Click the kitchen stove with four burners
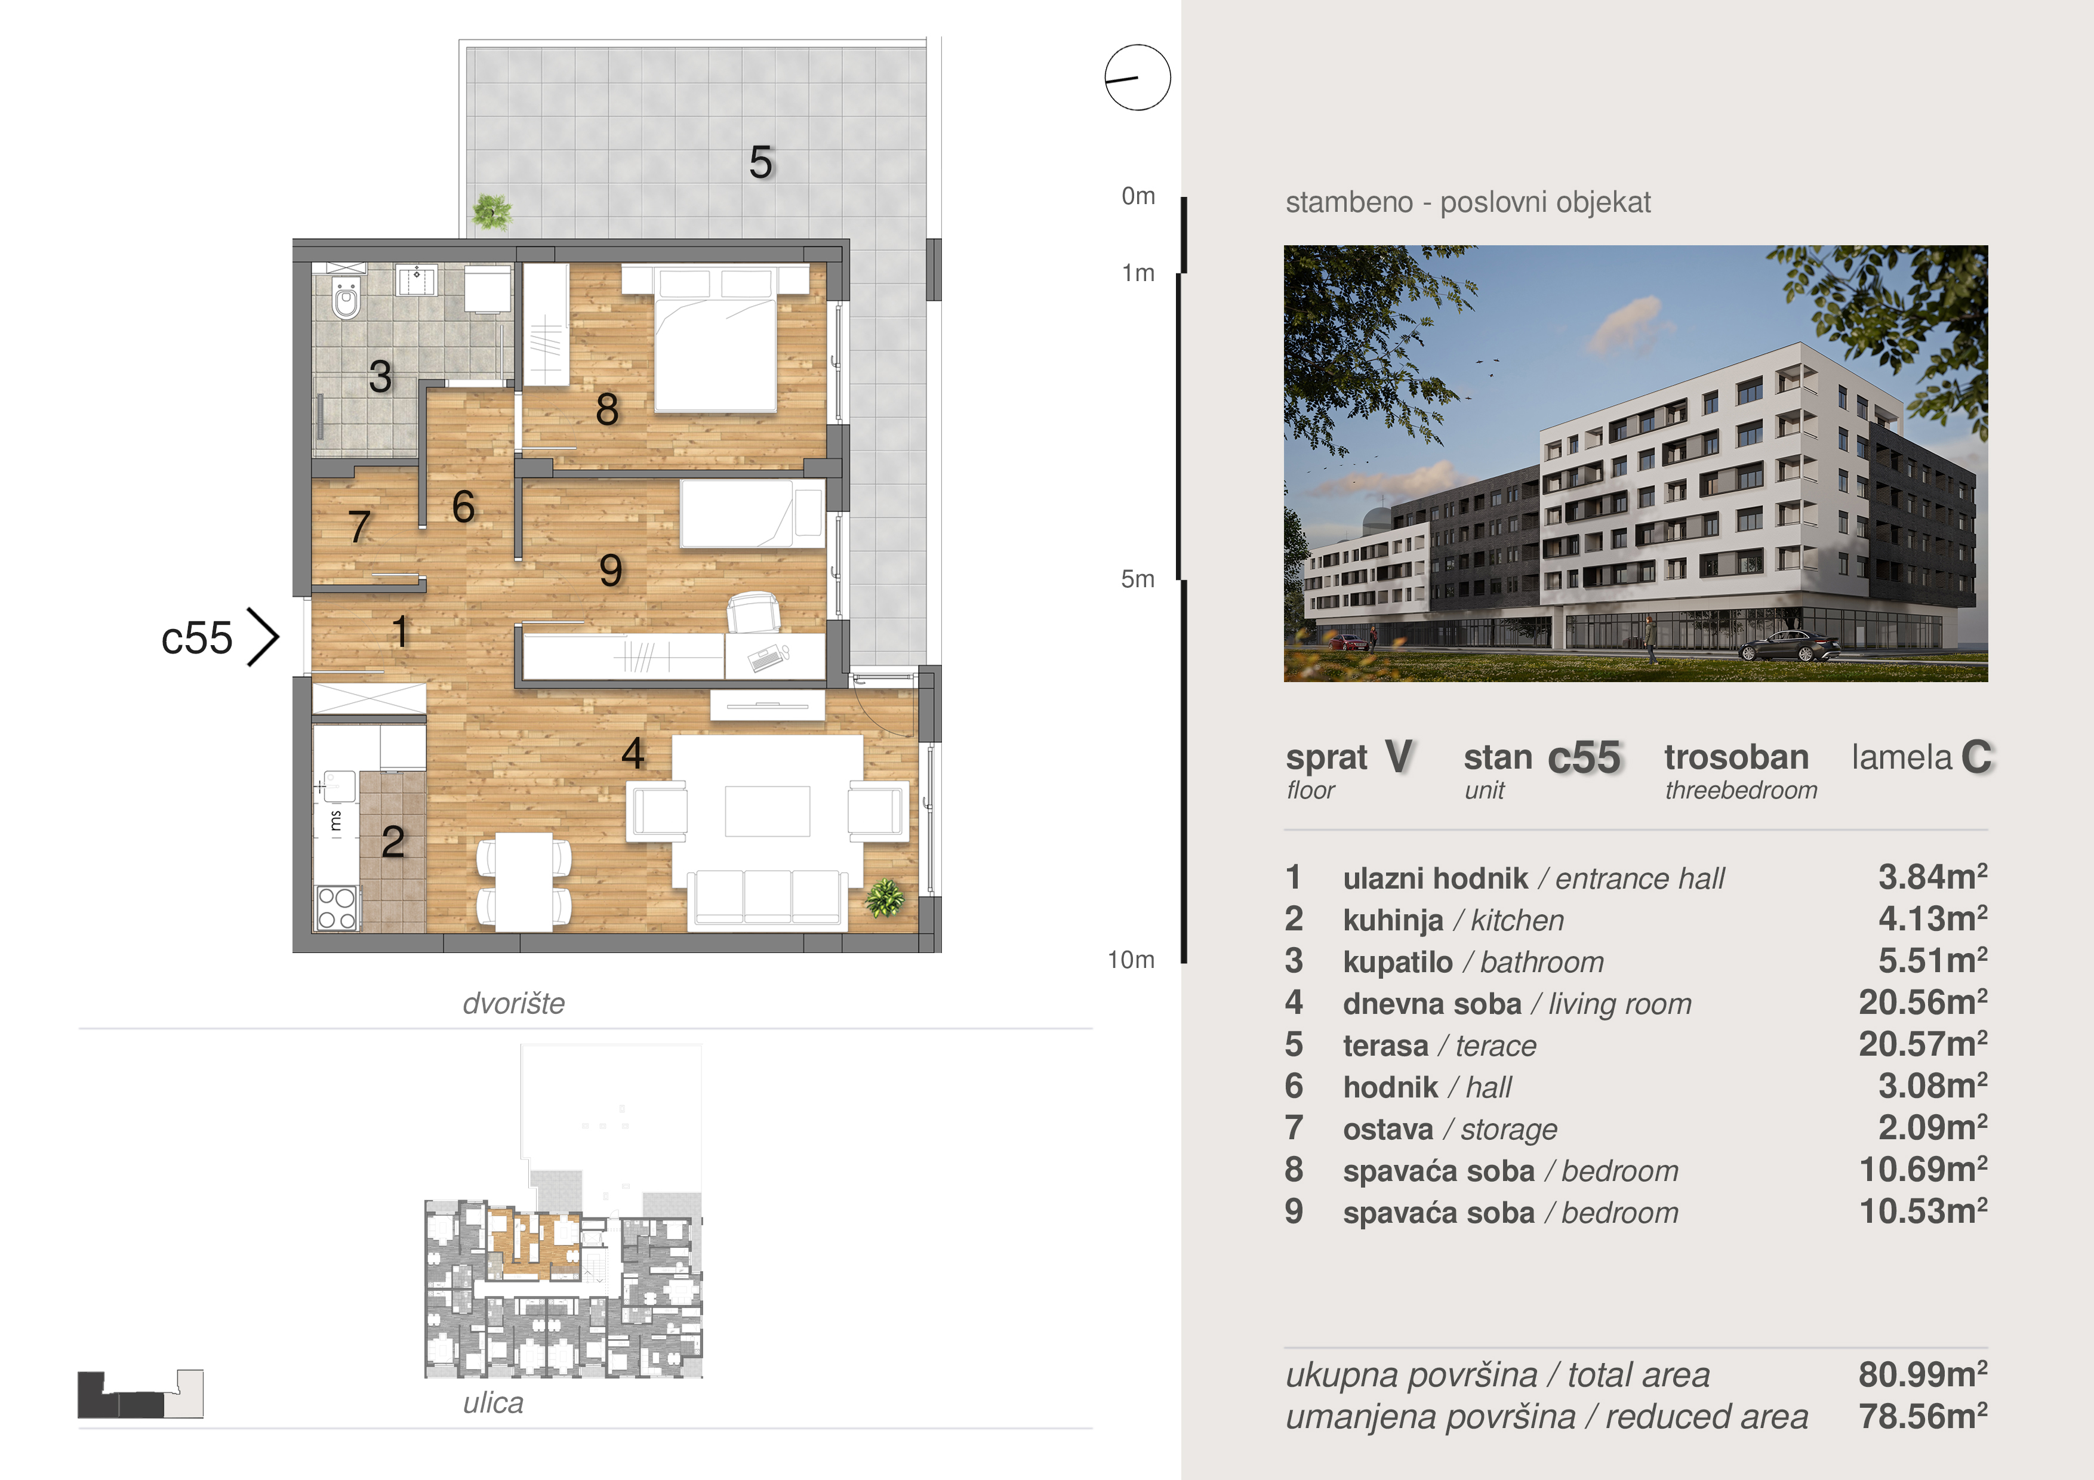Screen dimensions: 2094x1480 pos(337,908)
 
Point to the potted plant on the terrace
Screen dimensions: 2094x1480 pos(492,212)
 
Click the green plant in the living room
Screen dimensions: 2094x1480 pos(885,898)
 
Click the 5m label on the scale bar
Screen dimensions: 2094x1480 pos(1137,579)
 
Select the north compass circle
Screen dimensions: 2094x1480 pos(1137,78)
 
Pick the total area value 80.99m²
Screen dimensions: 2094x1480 pos(1923,1374)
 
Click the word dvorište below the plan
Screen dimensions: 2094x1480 pos(513,1003)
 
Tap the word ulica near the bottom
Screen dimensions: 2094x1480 pos(494,1402)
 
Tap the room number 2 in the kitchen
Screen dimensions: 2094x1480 pos(393,841)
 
